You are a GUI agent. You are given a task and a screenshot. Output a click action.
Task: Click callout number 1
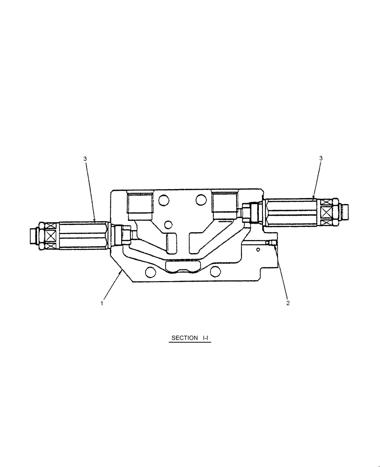pos(102,303)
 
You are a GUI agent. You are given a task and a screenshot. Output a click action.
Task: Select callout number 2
pos(288,303)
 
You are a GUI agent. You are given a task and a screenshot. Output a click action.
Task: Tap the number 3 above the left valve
pos(85,159)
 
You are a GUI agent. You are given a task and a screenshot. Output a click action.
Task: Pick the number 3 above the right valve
pos(321,158)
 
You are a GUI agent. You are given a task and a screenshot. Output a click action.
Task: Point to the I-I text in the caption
pos(205,338)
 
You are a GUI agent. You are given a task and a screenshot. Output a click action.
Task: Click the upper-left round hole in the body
pos(163,200)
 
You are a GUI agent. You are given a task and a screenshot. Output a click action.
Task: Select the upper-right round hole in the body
pos(201,200)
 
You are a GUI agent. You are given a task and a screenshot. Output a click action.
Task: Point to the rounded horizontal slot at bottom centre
pos(183,267)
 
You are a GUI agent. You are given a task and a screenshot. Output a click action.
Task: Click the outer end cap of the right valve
pos(346,212)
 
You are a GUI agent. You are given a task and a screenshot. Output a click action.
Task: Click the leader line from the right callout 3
pos(317,180)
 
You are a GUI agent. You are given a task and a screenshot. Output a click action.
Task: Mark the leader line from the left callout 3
pos(90,191)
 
